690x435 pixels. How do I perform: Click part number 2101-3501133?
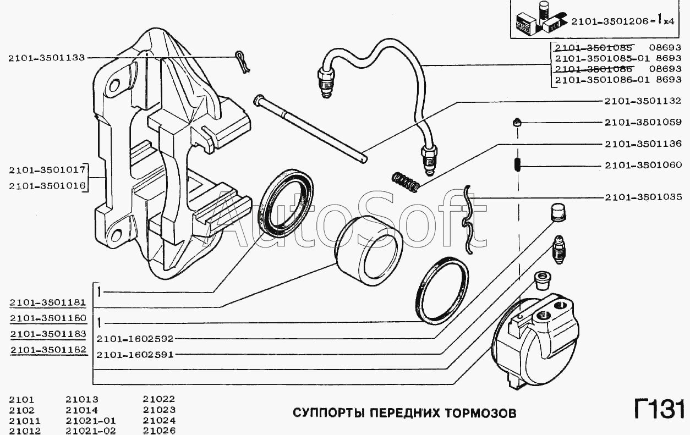pyautogui.click(x=46, y=58)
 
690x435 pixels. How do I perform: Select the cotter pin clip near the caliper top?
pyautogui.click(x=243, y=63)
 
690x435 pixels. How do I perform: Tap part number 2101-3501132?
pyautogui.click(x=643, y=101)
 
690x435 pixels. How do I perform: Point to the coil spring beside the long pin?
pyautogui.click(x=406, y=182)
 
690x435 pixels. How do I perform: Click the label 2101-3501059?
pyautogui.click(x=643, y=123)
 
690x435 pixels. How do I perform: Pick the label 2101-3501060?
pyautogui.click(x=643, y=166)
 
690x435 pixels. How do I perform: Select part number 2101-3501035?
pyautogui.click(x=643, y=197)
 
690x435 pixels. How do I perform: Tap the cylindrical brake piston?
pyautogui.click(x=369, y=251)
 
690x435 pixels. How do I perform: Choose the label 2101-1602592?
pyautogui.click(x=135, y=339)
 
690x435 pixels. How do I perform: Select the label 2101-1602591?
pyautogui.click(x=135, y=355)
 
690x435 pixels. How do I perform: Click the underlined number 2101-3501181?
pyautogui.click(x=48, y=302)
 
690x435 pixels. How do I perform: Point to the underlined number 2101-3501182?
pyautogui.click(x=48, y=350)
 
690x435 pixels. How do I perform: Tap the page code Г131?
pyautogui.click(x=659, y=409)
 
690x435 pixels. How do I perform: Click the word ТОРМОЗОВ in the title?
pyautogui.click(x=484, y=413)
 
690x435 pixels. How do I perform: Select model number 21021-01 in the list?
pyautogui.click(x=91, y=421)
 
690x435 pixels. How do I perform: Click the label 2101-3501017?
pyautogui.click(x=47, y=170)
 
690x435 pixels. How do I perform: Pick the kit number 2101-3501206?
pyautogui.click(x=609, y=21)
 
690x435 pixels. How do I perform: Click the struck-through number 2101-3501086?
pyautogui.click(x=593, y=69)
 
